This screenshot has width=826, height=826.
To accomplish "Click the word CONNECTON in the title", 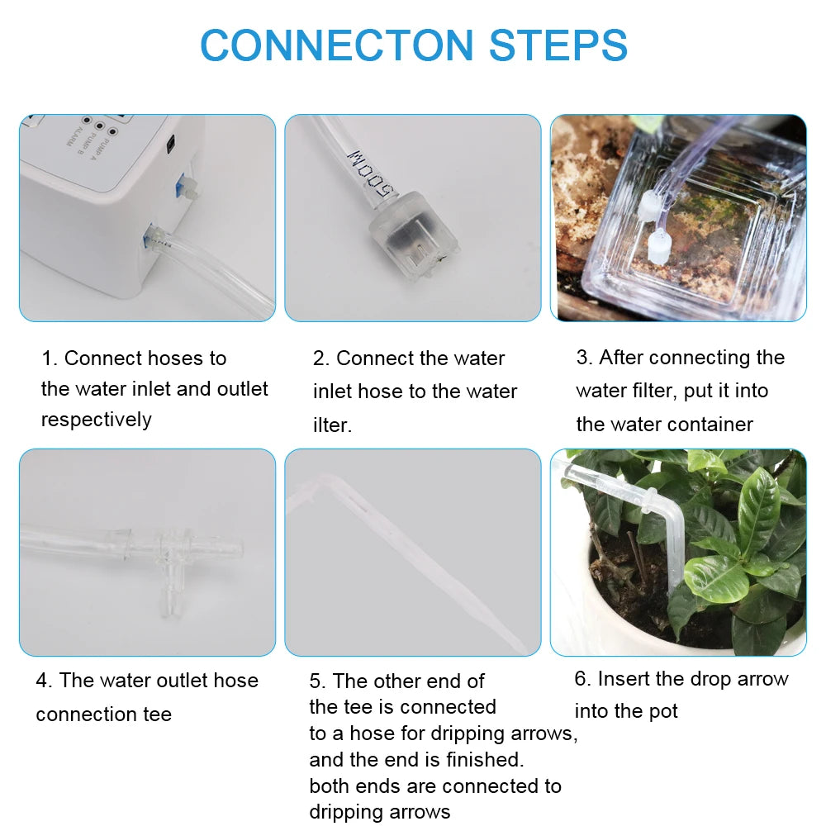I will coord(337,45).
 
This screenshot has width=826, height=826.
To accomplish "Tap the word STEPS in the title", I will coord(558,45).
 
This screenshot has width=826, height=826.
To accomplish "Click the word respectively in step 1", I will coord(97,420).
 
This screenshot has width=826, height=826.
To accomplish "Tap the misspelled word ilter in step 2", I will coord(332,425).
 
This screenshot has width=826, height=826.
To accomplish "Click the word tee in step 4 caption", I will coord(154,714).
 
